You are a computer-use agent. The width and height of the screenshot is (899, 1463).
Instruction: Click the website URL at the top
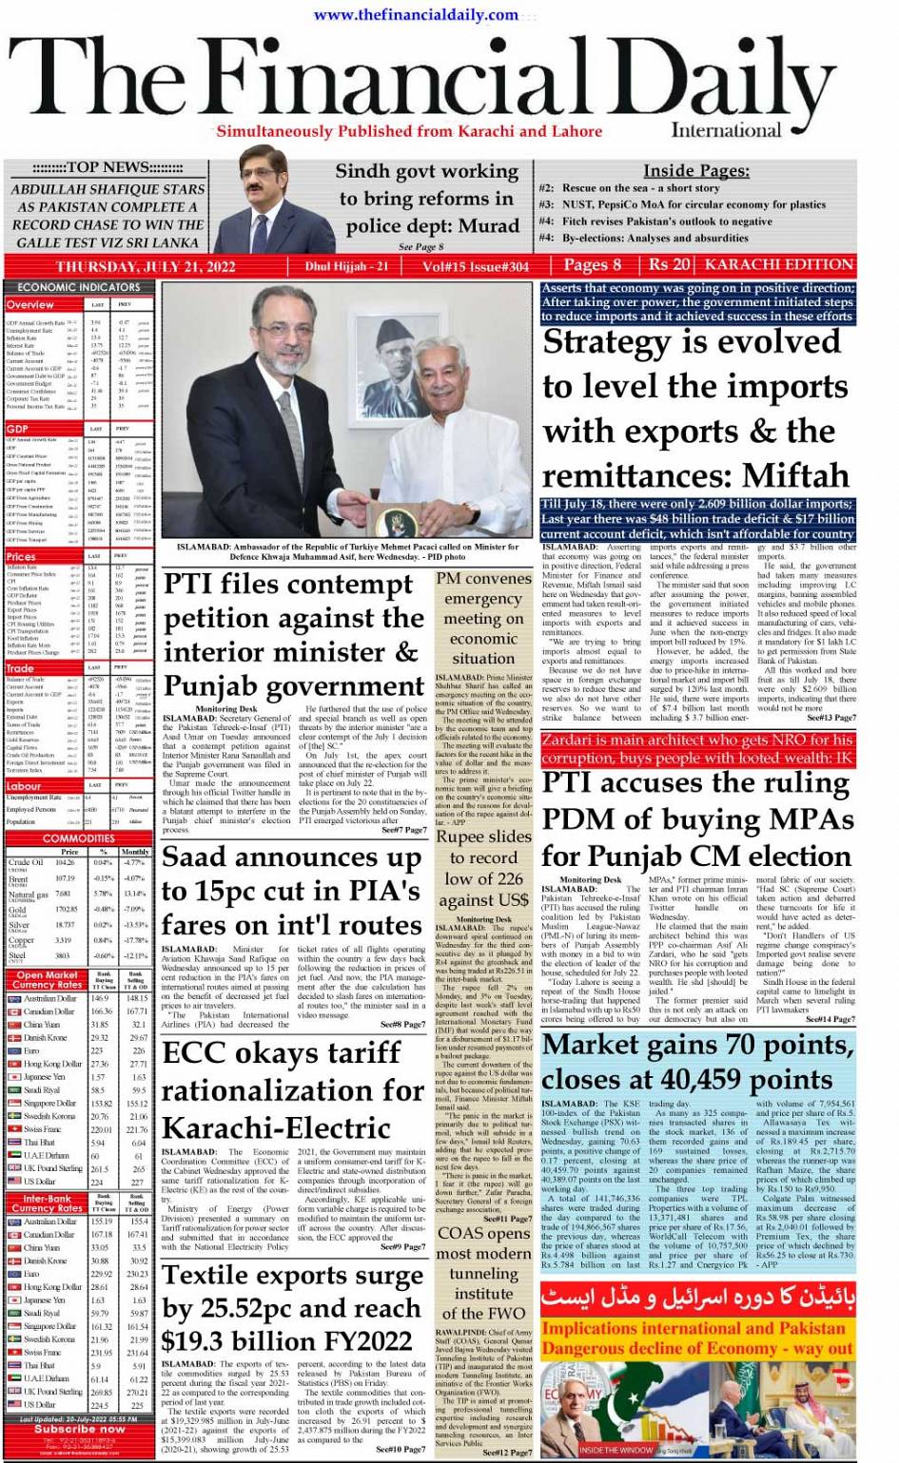(x=416, y=14)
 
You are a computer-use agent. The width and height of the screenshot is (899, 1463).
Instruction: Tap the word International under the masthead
(x=726, y=130)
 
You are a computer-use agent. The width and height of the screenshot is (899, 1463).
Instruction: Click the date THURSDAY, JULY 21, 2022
(x=145, y=267)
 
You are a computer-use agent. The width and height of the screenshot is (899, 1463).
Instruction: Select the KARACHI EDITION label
(x=779, y=264)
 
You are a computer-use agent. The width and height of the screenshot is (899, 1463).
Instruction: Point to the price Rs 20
(x=670, y=265)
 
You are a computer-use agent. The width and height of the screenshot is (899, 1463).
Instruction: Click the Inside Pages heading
(x=696, y=171)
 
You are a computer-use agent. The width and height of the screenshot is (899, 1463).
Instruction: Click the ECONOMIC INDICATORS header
(x=79, y=287)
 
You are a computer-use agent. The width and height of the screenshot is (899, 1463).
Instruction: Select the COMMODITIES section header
(x=79, y=838)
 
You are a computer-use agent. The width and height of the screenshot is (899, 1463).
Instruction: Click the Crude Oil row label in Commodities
(x=26, y=863)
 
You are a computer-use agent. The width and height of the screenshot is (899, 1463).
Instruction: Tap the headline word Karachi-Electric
(x=277, y=1128)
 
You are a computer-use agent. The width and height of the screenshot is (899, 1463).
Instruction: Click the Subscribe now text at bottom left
(x=79, y=1429)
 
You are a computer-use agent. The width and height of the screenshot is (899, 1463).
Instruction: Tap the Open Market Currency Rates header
(x=48, y=980)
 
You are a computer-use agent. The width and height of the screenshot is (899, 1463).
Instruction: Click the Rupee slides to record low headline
(x=483, y=868)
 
